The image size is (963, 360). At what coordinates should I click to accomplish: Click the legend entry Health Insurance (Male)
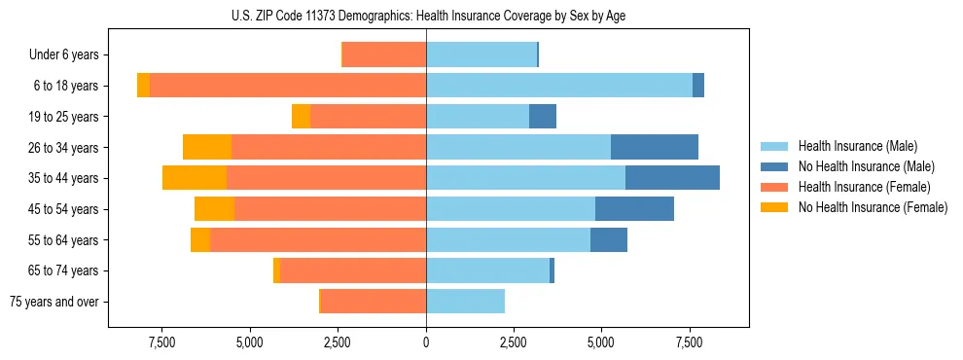click(857, 146)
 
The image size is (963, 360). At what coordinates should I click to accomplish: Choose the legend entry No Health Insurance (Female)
click(873, 207)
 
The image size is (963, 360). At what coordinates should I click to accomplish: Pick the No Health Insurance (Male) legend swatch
click(774, 166)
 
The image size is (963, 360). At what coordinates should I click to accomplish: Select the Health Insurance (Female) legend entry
click(863, 187)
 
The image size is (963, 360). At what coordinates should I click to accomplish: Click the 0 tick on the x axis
click(426, 342)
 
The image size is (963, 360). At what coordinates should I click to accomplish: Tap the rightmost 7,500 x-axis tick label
click(689, 342)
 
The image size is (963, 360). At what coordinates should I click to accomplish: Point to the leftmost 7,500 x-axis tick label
click(161, 342)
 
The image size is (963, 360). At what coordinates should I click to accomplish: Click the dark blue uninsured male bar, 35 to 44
click(672, 178)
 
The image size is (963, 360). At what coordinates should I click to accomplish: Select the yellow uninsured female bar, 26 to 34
click(207, 147)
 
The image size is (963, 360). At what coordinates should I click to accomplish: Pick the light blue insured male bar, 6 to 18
click(559, 86)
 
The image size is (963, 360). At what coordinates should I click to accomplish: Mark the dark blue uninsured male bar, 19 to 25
click(543, 117)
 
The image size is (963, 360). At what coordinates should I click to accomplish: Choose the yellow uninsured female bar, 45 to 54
click(214, 209)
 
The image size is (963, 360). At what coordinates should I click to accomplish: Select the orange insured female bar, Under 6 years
click(384, 55)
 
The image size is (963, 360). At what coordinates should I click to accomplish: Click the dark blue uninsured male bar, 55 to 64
click(609, 239)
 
